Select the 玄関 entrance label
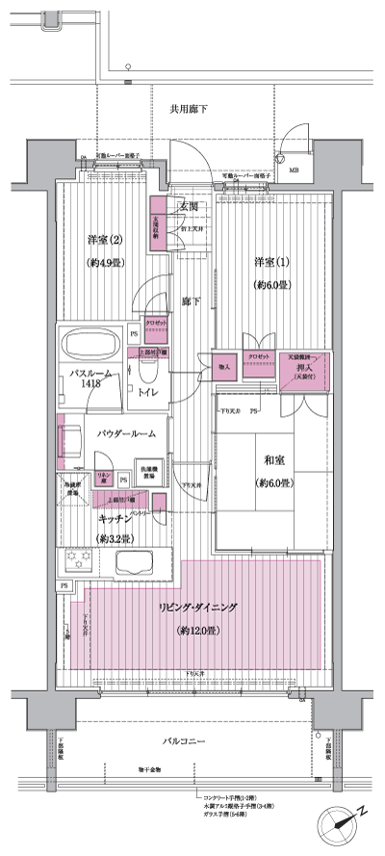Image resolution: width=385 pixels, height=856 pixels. click(187, 206)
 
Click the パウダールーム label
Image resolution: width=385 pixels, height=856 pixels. click(125, 434)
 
